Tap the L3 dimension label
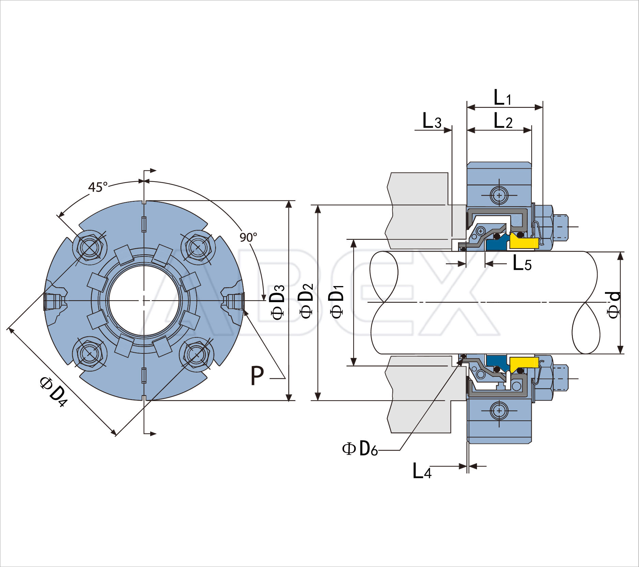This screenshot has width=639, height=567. tap(432, 121)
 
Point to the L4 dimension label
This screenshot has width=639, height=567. tap(422, 471)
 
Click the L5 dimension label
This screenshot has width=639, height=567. tap(522, 263)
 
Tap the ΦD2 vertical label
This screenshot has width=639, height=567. tap(306, 301)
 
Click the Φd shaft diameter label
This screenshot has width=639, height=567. tap(614, 305)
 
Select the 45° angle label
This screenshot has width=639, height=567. tap(98, 187)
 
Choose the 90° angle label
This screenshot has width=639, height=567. tap(248, 237)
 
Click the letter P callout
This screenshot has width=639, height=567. tap(257, 376)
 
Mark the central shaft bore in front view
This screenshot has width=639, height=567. tap(144, 301)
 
